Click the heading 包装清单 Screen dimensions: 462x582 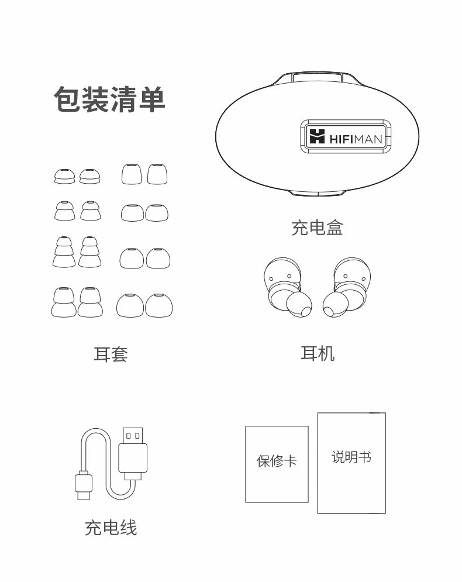109,99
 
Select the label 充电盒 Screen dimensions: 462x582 317,227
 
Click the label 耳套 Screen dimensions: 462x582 111,354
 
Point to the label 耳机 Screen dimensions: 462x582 317,353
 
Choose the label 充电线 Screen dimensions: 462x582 111,528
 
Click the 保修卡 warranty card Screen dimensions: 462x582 277,464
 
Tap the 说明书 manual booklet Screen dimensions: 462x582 351,463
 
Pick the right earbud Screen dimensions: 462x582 347,286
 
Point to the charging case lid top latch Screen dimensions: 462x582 318,77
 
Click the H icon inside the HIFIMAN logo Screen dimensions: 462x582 317,137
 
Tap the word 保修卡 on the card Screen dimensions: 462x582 277,461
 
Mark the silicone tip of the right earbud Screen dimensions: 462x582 336,304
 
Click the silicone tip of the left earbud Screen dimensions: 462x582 299,304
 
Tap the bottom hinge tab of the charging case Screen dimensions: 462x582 318,194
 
